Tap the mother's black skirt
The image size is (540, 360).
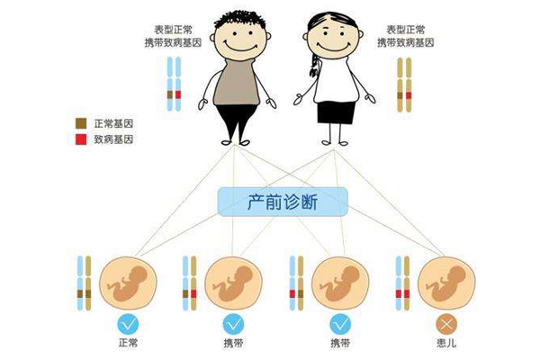tap(336, 112)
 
